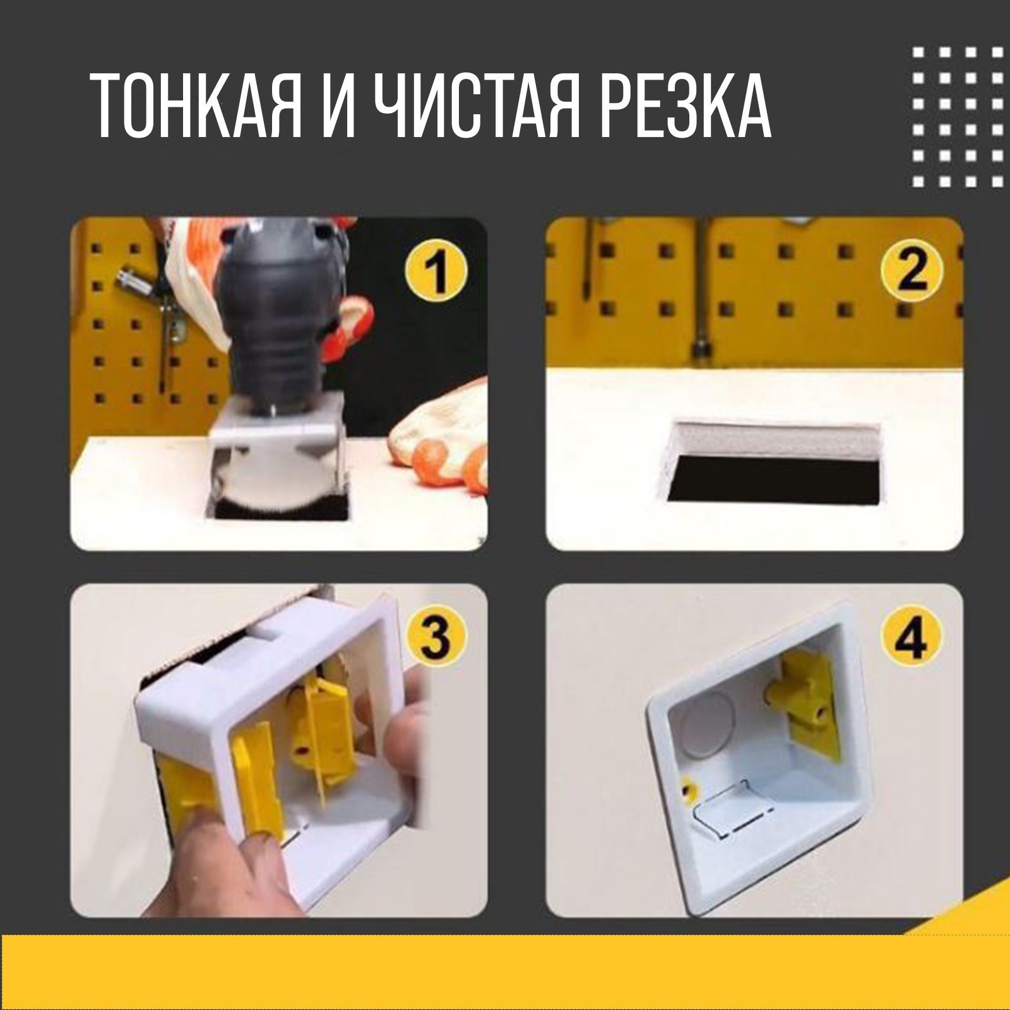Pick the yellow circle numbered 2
pos(912,273)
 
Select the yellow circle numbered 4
pos(912,638)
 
